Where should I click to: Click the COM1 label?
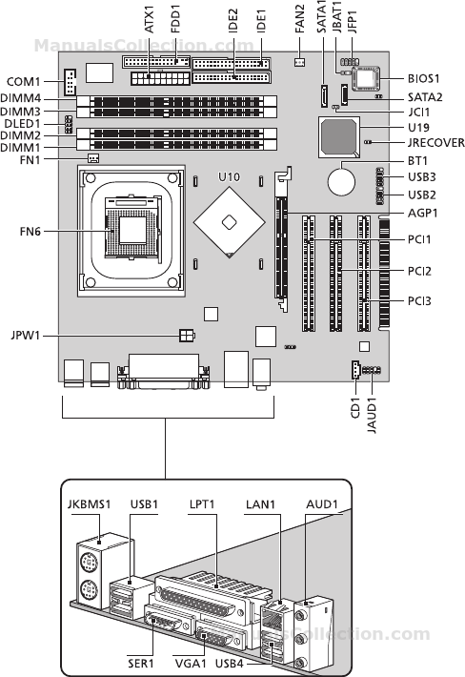click(x=23, y=82)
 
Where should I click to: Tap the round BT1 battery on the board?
click(x=341, y=181)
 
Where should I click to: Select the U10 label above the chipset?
click(x=229, y=177)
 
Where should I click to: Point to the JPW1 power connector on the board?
click(x=187, y=335)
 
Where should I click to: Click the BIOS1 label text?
click(x=424, y=78)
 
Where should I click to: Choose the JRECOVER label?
click(x=436, y=142)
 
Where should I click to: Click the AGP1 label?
click(x=423, y=213)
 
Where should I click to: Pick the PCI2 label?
click(x=419, y=271)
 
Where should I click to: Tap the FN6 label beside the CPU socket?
click(x=30, y=232)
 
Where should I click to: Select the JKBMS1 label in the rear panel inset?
click(x=90, y=504)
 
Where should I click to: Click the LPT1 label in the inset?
click(x=202, y=504)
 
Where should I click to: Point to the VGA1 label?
click(x=191, y=664)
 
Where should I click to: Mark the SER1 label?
click(x=141, y=664)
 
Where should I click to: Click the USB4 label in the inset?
click(x=230, y=664)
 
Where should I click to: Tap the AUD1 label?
click(x=322, y=504)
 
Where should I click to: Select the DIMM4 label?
click(x=21, y=98)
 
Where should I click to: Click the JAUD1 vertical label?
click(x=372, y=416)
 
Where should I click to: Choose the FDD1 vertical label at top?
click(x=174, y=19)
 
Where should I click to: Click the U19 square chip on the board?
click(x=339, y=137)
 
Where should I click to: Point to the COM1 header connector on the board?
click(x=70, y=82)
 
